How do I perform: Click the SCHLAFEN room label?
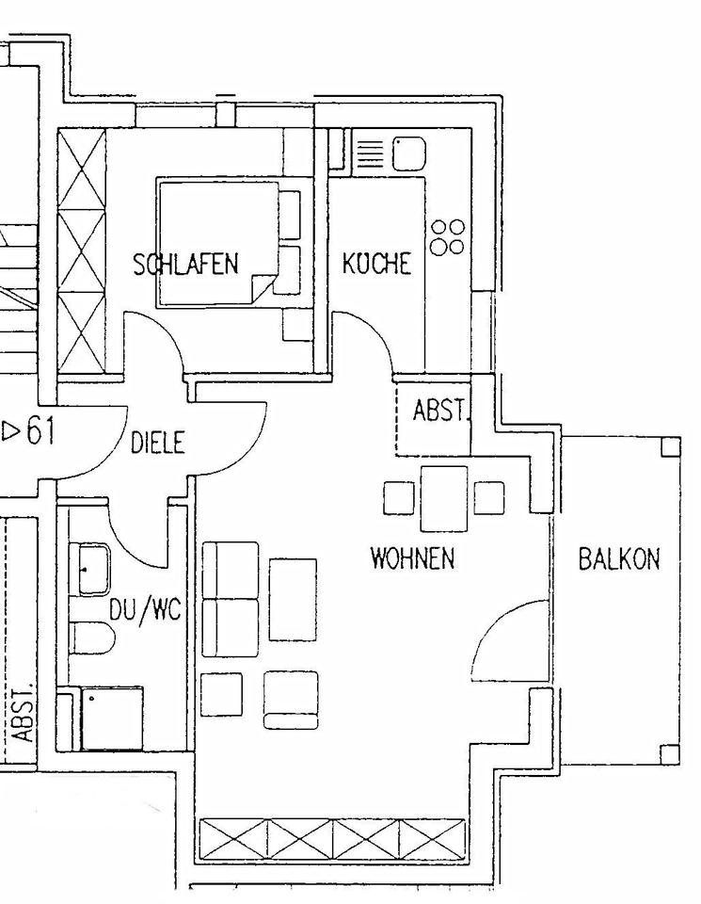[x=185, y=265]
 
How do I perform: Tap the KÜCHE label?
[x=377, y=263]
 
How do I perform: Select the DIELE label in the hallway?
[x=158, y=442]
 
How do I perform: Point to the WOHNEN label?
[x=412, y=558]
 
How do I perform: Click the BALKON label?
[x=618, y=559]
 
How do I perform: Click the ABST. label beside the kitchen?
[x=439, y=412]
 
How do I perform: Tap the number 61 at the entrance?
[x=39, y=432]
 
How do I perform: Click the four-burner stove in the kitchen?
[x=447, y=237]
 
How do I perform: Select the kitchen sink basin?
[x=409, y=153]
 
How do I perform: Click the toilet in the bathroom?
[x=91, y=638]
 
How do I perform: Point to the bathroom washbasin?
[x=92, y=569]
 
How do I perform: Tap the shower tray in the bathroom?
[x=112, y=718]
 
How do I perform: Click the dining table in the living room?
[x=444, y=498]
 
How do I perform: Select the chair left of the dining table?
[x=399, y=498]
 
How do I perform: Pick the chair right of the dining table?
[x=488, y=498]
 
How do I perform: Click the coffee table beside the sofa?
[x=293, y=600]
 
